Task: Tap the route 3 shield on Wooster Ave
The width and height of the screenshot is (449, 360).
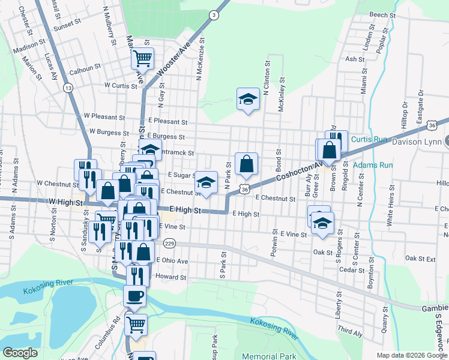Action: (x=214, y=15)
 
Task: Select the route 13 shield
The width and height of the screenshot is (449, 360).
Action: (x=68, y=88)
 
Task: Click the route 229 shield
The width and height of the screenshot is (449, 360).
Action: (x=170, y=243)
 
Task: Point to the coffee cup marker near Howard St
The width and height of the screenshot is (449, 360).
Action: (x=134, y=296)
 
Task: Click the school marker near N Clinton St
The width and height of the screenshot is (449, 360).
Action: (x=247, y=99)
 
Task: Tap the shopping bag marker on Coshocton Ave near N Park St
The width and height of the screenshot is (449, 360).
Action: (x=246, y=164)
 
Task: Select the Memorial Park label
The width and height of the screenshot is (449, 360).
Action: (x=271, y=356)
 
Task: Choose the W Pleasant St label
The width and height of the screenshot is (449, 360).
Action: (x=104, y=116)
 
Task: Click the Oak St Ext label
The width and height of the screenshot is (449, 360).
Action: (x=420, y=258)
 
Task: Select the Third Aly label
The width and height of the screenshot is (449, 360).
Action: (x=350, y=330)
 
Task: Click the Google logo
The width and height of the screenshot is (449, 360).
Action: (x=20, y=353)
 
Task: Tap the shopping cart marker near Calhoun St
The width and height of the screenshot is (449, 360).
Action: (x=143, y=59)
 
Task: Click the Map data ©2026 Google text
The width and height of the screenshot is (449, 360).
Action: (x=411, y=355)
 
